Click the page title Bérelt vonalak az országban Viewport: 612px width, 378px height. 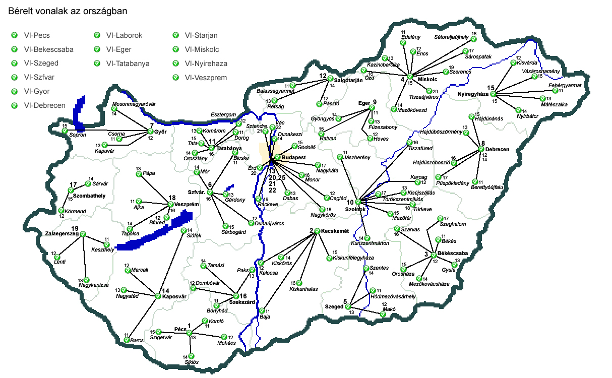pos(68,10)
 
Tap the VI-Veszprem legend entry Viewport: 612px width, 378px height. pos(206,78)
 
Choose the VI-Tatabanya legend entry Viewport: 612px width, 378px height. pos(128,64)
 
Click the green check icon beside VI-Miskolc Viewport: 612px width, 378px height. pos(175,49)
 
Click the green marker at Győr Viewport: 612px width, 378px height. pos(150,132)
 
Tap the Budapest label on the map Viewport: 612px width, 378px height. pos(294,158)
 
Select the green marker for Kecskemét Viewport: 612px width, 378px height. pos(317,231)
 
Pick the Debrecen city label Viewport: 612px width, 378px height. pos(498,150)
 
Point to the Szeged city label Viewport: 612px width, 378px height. pos(334,306)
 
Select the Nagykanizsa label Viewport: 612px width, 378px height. pos(94,285)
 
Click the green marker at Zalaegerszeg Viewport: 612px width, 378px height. pos(83,234)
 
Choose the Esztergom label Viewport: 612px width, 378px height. pos(223,115)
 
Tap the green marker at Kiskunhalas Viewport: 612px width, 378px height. pos(300,283)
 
